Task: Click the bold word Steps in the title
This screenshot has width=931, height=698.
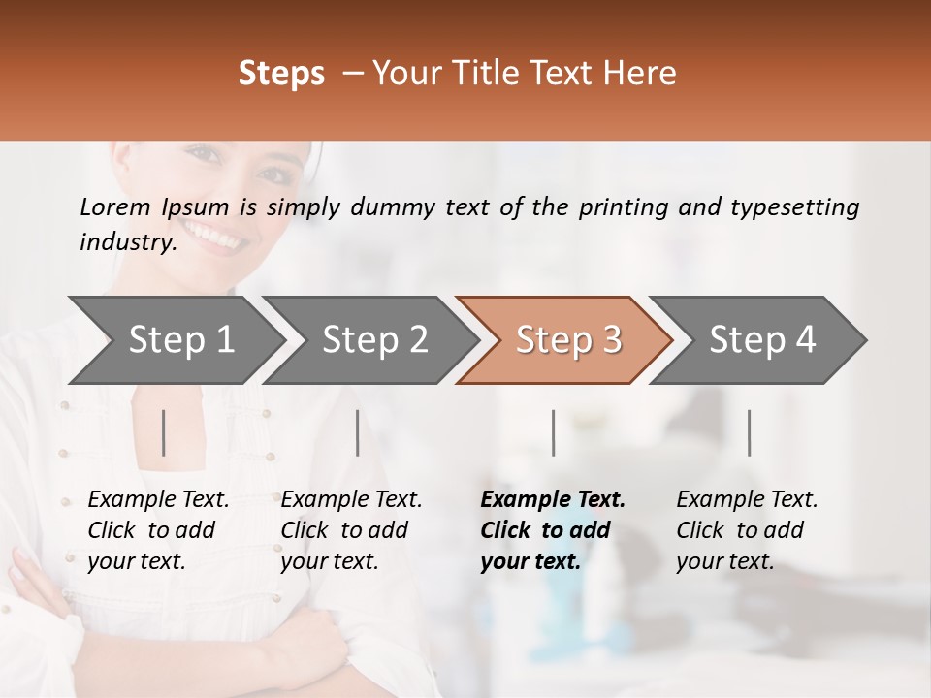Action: (x=280, y=74)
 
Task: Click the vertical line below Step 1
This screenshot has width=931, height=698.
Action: (x=164, y=432)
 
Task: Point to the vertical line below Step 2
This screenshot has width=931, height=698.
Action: (x=358, y=432)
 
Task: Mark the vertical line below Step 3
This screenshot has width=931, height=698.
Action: (x=554, y=432)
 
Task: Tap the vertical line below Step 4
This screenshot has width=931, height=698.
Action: (x=750, y=432)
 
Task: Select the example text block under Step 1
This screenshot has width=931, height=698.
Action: (x=158, y=529)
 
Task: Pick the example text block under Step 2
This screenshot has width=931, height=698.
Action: (x=351, y=529)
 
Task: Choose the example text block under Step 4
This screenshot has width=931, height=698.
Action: (x=747, y=529)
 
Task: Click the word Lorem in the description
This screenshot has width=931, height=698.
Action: (x=115, y=206)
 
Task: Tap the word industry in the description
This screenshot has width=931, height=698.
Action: (x=127, y=242)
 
